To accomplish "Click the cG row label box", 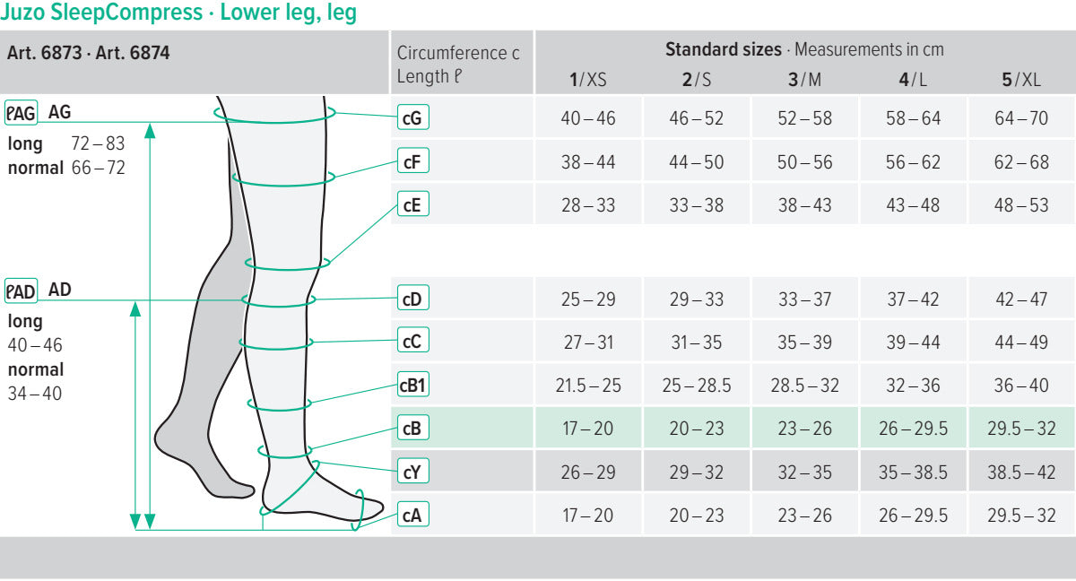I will coord(412,117).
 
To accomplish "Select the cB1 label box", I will coord(412,386).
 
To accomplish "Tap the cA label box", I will coord(412,516).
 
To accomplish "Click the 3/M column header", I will coord(804,80).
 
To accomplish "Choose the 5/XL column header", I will coord(1021,80).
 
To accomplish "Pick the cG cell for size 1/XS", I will coord(588,118).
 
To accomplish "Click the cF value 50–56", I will coord(804,162).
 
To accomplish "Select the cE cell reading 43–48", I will coord(913,205).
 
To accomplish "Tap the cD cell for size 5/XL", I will coord(1021,299).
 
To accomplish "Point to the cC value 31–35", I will coord(697,343).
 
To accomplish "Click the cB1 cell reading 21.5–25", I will coord(588,386).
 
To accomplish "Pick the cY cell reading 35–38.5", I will coord(913,473).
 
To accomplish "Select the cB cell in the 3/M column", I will coord(804,429).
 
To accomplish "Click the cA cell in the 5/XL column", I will coord(1021,516).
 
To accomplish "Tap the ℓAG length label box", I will coord(21,113).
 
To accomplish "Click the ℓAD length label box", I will coord(21,290).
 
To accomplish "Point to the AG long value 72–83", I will coord(98,143).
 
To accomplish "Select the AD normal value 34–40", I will coord(35,393).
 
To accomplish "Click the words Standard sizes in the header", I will coord(723,49).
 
